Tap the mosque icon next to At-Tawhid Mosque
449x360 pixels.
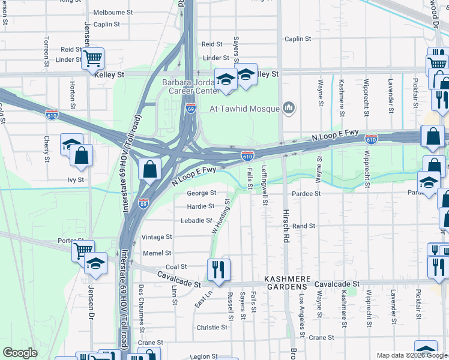[x=289, y=109]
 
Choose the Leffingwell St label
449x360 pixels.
[x=264, y=186]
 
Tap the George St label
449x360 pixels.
[x=201, y=193]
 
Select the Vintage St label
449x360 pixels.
[x=157, y=238]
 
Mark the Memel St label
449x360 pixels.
[x=157, y=253]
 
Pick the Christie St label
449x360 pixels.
[x=212, y=328]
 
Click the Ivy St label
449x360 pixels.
[x=76, y=179]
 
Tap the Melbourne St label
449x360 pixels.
[x=113, y=12]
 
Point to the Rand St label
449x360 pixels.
[x=304, y=226]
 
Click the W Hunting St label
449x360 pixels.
[x=220, y=217]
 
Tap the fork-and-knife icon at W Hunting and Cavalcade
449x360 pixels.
[x=218, y=271]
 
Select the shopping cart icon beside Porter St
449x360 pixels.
[x=83, y=250]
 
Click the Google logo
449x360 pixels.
[x=20, y=353]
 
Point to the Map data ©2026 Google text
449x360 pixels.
[x=411, y=355]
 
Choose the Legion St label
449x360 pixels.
[x=202, y=356]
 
